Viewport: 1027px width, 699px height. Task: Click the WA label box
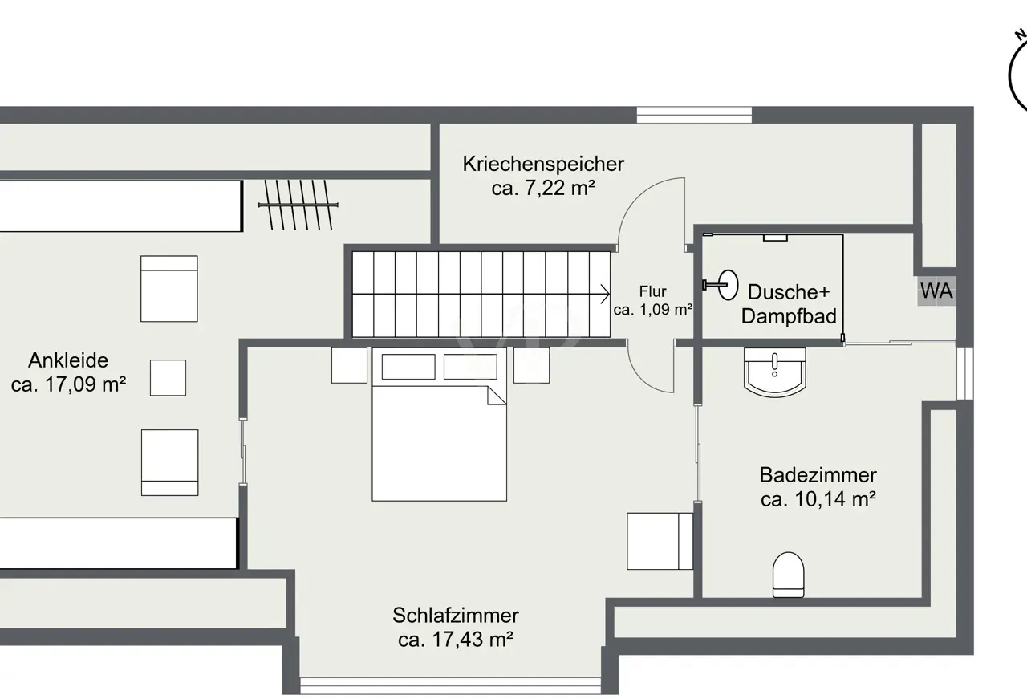pos(936,291)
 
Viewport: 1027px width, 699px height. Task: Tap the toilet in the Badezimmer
pos(788,575)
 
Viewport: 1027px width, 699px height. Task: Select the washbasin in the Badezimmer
pos(775,372)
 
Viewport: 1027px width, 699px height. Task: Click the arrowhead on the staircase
pos(605,294)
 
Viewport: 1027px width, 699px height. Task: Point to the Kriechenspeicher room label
pos(543,164)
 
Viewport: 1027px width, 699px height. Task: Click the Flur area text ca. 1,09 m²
pos(653,310)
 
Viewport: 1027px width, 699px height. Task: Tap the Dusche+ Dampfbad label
pos(789,304)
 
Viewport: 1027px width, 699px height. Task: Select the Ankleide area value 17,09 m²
pos(85,384)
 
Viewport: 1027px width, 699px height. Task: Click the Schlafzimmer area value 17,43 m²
pos(473,640)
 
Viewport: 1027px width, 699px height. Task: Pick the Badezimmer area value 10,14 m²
pos(835,499)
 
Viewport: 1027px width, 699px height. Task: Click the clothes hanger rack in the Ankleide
pos(298,205)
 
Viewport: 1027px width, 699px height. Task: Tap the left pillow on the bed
pos(408,367)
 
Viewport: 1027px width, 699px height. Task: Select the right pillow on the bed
pos(470,367)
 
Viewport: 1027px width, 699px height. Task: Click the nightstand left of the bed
pos(349,366)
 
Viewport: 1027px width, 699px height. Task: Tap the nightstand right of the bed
pos(531,366)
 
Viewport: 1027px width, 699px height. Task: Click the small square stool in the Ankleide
pos(168,377)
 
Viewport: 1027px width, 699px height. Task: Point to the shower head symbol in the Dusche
pos(721,285)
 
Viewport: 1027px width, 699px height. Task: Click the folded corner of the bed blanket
pos(497,396)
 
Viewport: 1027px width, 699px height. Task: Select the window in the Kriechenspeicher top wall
pos(694,115)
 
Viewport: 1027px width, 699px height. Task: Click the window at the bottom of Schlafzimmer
pos(451,685)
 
